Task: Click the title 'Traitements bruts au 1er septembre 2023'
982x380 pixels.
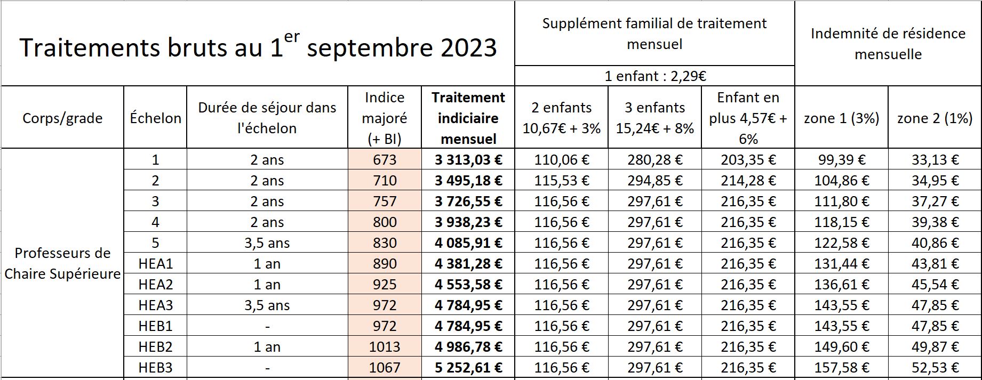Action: click(258, 47)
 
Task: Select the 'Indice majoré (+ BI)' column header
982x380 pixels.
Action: click(384, 118)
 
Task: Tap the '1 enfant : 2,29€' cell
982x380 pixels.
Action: click(655, 76)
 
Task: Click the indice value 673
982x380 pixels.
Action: click(384, 159)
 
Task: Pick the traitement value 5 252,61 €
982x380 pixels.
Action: click(468, 367)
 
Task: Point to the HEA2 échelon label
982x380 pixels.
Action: click(155, 284)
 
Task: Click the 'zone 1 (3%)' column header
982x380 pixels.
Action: click(841, 118)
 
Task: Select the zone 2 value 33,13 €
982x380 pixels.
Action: click(935, 159)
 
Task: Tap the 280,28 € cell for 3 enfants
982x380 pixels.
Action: click(654, 159)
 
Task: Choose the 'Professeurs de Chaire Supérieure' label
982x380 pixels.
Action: click(62, 263)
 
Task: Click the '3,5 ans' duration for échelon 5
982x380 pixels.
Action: click(267, 243)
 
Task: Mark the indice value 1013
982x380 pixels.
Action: click(384, 346)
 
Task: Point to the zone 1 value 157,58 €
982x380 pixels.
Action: click(841, 367)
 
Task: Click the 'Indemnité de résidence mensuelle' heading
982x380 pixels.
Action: click(888, 44)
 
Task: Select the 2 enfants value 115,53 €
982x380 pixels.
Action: click(561, 180)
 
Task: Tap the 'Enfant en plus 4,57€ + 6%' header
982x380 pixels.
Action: click(748, 118)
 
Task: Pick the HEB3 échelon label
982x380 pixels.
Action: click(155, 367)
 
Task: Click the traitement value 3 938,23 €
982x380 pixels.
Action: click(468, 222)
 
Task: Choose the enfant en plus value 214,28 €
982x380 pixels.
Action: click(748, 180)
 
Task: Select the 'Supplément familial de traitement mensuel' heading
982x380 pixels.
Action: click(654, 34)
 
